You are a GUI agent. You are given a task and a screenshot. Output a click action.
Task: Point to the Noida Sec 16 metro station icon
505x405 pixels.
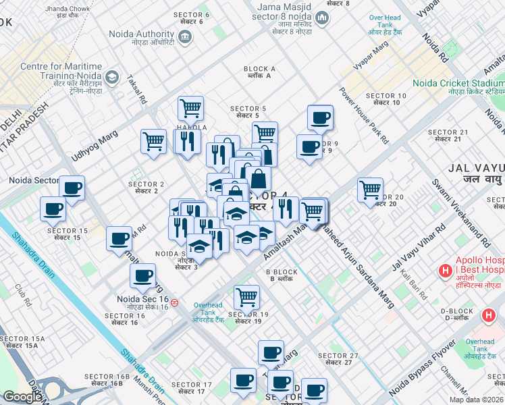[x=175, y=302]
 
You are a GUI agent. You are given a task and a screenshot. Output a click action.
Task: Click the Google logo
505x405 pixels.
[x=22, y=397]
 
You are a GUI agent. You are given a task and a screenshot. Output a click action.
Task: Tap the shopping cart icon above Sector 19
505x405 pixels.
[x=246, y=296]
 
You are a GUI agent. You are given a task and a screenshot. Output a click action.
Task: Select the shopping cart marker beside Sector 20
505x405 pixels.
[x=370, y=190]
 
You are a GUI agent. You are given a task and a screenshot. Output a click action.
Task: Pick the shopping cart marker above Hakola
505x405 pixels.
[x=190, y=107]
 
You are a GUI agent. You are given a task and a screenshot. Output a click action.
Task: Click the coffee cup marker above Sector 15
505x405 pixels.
[x=53, y=209]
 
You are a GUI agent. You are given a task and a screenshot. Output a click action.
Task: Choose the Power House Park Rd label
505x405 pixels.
[x=365, y=116]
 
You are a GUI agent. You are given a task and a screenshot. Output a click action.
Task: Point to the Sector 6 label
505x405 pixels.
[x=191, y=15]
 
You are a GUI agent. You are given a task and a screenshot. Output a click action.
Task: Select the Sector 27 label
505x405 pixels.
[x=338, y=356]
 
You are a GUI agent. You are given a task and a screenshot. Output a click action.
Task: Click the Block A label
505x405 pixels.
[x=259, y=69]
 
